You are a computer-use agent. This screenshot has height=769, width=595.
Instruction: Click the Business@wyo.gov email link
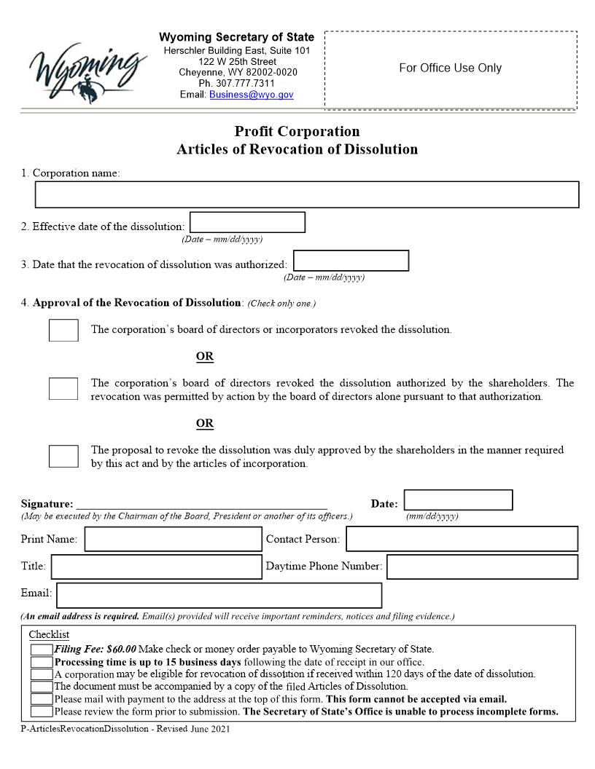coord(252,95)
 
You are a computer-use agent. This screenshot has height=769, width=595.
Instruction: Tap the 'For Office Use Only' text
coord(450,68)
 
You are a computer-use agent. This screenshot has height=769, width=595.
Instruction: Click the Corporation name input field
coord(307,194)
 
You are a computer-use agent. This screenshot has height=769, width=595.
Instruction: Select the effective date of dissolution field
coord(247,223)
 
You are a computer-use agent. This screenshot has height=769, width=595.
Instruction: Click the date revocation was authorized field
coord(351,261)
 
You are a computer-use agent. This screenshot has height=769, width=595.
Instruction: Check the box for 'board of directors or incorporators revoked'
coord(63,330)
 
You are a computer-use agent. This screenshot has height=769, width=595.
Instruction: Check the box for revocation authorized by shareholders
coord(63,388)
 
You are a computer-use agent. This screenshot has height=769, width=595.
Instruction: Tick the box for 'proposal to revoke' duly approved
coord(63,456)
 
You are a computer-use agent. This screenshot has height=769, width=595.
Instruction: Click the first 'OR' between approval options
coord(205,357)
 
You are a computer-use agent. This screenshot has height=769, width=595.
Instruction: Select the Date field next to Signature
coord(458,500)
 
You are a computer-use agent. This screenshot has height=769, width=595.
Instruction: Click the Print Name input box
coord(173,540)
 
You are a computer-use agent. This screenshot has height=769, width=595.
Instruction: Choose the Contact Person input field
coord(462,539)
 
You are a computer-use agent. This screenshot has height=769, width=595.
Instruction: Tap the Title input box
coord(156,567)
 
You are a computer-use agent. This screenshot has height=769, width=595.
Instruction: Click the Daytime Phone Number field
coord(482,567)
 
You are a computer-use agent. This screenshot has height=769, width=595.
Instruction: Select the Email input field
coord(219,595)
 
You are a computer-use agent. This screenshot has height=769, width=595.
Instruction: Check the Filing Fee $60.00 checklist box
coord(42,650)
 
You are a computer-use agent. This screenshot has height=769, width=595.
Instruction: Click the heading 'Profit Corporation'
coord(297,132)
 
